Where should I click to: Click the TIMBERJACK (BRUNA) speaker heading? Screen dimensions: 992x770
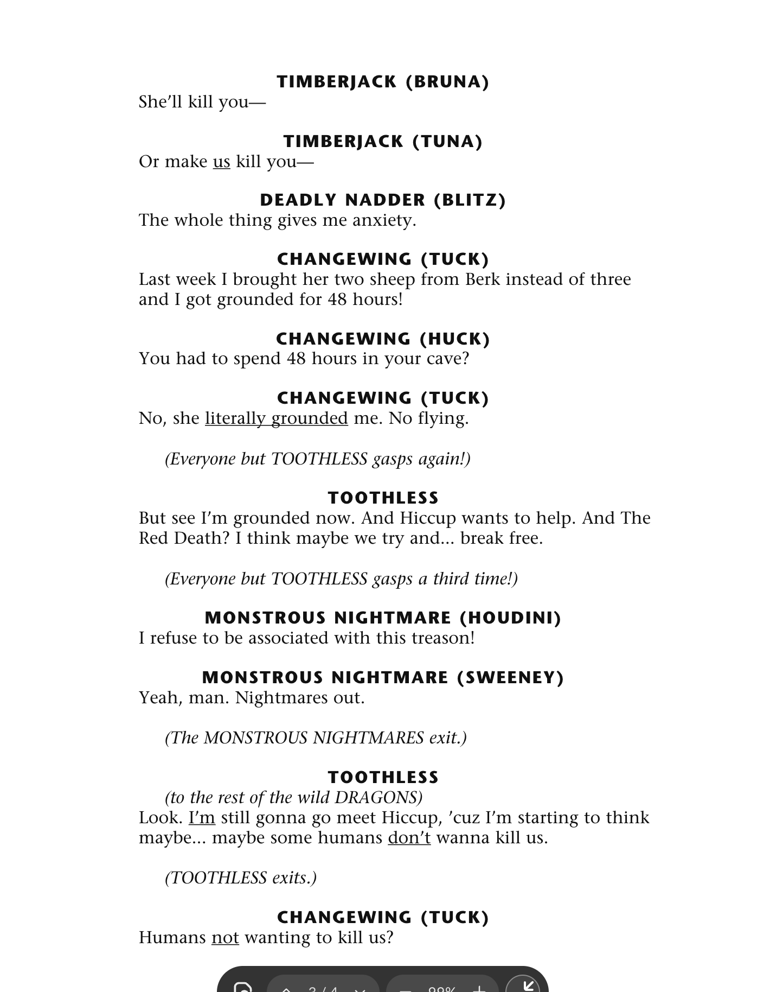(383, 82)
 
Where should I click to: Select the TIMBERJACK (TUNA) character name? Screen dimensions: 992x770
(383, 142)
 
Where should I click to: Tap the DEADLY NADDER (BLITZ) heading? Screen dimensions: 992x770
(383, 200)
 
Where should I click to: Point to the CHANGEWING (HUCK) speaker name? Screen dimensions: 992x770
(383, 339)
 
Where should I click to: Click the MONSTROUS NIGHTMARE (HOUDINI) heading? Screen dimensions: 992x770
(383, 618)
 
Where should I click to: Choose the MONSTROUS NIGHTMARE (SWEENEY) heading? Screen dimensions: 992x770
(383, 678)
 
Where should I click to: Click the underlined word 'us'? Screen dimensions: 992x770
(221, 162)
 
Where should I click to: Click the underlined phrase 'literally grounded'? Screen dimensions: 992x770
(276, 418)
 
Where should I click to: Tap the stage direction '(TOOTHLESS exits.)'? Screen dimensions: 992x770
(241, 878)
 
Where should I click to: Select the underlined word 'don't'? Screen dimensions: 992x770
(409, 838)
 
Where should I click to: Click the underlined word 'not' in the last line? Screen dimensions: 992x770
(225, 938)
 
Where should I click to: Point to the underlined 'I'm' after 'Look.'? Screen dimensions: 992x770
(202, 818)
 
